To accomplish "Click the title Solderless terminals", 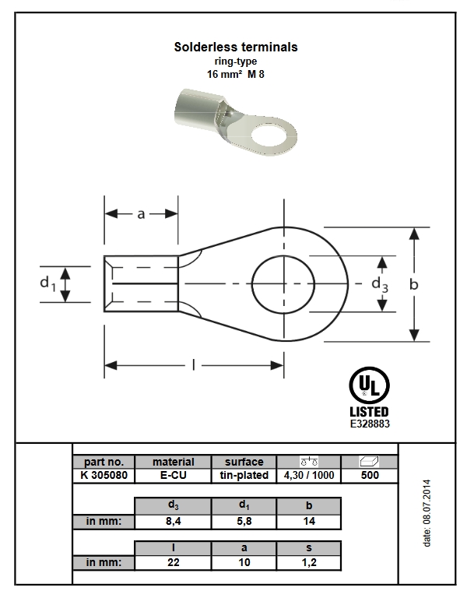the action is [x=236, y=47].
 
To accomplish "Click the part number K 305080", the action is [x=104, y=475].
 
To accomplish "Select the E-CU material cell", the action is [x=174, y=475].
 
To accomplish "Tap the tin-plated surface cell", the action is [x=244, y=475].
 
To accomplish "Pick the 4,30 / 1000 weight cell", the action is [x=309, y=475].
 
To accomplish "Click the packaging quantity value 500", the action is [x=370, y=475].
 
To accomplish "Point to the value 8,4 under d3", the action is [x=173, y=522].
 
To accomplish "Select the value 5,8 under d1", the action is [x=244, y=522].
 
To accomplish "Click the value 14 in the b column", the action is [x=309, y=522].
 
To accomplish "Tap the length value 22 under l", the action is [x=173, y=562].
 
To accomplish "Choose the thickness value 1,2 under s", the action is [x=309, y=562].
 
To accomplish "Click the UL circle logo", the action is [x=369, y=385].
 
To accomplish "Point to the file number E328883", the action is [x=370, y=424].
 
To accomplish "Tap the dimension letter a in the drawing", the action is [x=141, y=214].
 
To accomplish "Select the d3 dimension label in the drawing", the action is [x=380, y=285].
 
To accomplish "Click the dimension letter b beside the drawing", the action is [x=413, y=284].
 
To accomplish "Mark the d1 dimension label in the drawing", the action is [x=47, y=283].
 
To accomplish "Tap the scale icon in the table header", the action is [x=309, y=461].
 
